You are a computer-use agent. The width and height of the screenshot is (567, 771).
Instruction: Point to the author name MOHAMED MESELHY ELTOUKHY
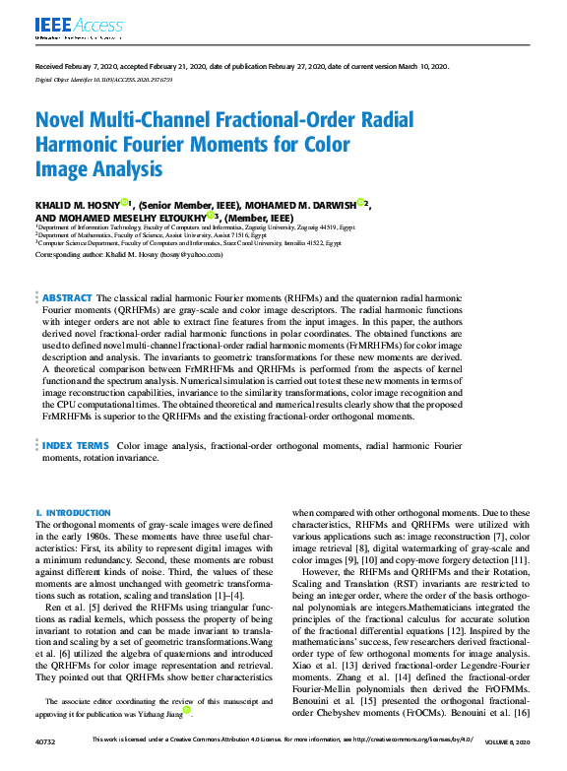[x=123, y=217]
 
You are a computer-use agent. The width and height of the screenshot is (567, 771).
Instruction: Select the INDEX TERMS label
[x=76, y=446]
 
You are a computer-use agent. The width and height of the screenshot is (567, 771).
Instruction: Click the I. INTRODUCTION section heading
[x=73, y=513]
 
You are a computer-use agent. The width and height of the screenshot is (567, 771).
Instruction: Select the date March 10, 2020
[x=421, y=65]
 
